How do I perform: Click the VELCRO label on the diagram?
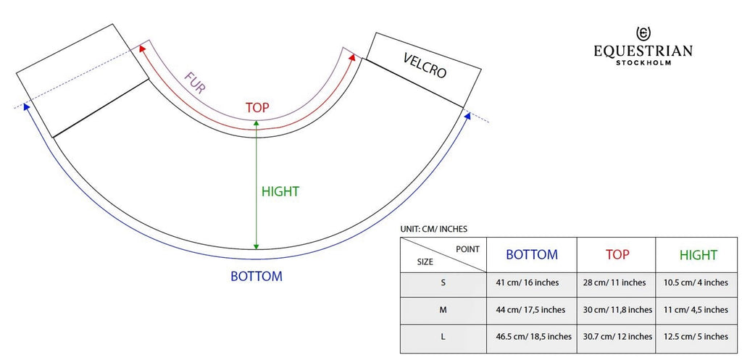tap(425, 65)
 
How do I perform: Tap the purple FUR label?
tap(195, 83)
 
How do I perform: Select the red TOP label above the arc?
tap(257, 108)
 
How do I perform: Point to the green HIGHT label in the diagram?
tap(280, 192)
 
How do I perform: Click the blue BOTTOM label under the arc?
tap(256, 276)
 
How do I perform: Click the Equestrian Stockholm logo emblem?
tap(643, 34)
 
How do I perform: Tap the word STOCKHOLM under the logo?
tap(643, 62)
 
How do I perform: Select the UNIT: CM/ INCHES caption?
tap(433, 229)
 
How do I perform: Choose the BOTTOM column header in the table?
tap(532, 254)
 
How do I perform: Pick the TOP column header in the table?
tap(617, 254)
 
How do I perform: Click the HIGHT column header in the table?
tap(698, 255)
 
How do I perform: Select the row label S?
tap(443, 283)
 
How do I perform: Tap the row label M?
tap(443, 310)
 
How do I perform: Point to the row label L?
tap(443, 337)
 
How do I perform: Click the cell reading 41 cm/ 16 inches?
tap(527, 283)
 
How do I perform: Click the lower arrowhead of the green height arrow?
tap(256, 246)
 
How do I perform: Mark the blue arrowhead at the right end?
tap(468, 115)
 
